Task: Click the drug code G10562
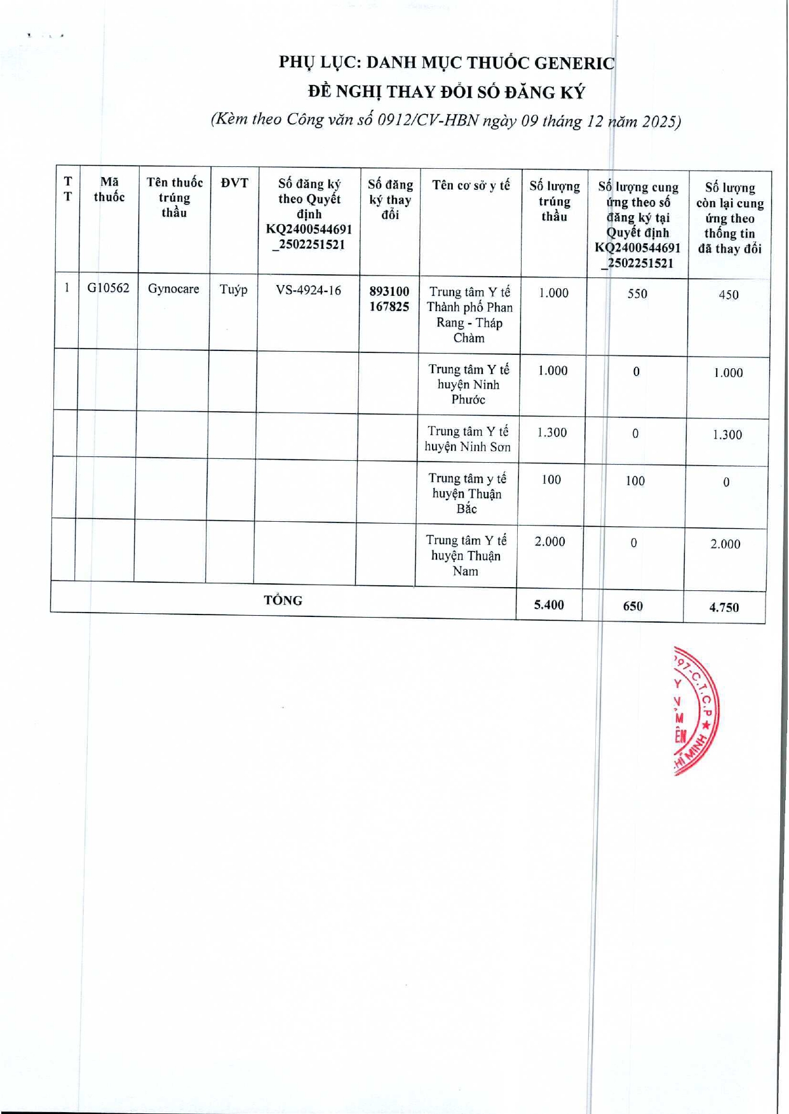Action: [x=108, y=288]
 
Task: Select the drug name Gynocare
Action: [x=173, y=289]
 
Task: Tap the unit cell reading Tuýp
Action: [x=233, y=289]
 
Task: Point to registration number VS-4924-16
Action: [x=308, y=291]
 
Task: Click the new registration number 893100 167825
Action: [x=389, y=299]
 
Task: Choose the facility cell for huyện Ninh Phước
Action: [x=469, y=384]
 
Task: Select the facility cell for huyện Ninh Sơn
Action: [x=468, y=439]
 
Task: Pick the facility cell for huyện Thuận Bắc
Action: [x=467, y=493]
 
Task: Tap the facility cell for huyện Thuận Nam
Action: [x=466, y=555]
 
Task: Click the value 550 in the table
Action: [x=637, y=294]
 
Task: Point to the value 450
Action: [x=729, y=295]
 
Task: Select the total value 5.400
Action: [x=549, y=605]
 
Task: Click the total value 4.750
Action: [x=724, y=607]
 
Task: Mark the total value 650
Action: [x=633, y=606]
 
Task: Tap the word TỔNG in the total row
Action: [x=283, y=600]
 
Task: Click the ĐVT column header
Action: [x=234, y=183]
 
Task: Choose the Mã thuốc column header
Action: [x=109, y=190]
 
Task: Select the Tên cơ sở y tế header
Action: [x=471, y=185]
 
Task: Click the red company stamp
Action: [x=695, y=711]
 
